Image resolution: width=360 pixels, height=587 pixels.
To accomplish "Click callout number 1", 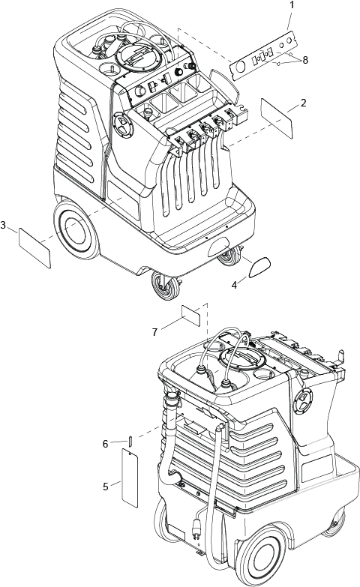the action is [x=292, y=5].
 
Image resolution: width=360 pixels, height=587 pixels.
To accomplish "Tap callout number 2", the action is [x=303, y=103].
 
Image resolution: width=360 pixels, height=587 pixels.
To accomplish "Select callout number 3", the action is [x=3, y=225].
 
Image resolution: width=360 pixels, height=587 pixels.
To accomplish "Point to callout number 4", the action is [x=234, y=286].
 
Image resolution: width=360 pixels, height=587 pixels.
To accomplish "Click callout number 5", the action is [x=106, y=487].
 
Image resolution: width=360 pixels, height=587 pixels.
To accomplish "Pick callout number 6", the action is [x=106, y=444].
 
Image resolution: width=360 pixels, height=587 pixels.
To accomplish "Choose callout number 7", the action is [x=154, y=332].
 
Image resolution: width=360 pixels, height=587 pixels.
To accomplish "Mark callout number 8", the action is [x=305, y=60].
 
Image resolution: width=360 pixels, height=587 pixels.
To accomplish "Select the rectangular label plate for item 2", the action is [x=277, y=118].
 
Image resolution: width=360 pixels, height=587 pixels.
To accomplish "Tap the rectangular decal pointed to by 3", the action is [x=34, y=248].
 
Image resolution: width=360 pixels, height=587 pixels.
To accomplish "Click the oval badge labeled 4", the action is [x=259, y=267].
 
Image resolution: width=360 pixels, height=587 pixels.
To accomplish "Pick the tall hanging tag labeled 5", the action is [x=130, y=478].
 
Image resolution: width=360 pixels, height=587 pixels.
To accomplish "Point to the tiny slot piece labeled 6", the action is [x=130, y=441].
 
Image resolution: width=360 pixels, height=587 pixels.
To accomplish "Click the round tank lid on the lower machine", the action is [x=242, y=359].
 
